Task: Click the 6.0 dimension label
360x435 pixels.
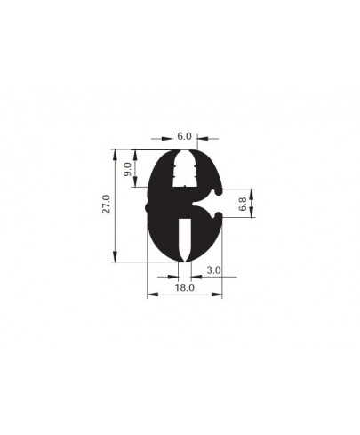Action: click(183, 135)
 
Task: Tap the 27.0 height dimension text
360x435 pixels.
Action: click(106, 205)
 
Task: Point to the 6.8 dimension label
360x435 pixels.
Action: click(243, 204)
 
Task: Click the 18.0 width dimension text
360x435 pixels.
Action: click(183, 288)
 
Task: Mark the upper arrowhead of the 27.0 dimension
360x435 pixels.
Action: click(116, 152)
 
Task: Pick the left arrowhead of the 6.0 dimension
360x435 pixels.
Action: click(170, 138)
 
